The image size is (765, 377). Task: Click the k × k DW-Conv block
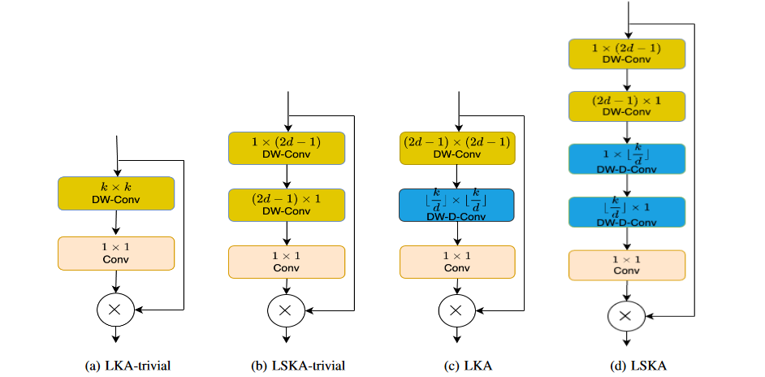coord(115,193)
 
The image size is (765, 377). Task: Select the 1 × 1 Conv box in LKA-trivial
coord(115,253)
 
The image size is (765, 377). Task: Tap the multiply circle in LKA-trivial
coord(114,309)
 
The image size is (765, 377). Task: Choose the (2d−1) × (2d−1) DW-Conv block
coord(456,146)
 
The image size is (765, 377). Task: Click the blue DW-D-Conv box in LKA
coord(456,205)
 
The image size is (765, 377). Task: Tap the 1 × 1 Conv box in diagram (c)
coord(456,262)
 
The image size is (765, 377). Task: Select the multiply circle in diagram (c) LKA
coord(456,309)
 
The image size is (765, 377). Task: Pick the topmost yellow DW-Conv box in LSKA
coord(626,53)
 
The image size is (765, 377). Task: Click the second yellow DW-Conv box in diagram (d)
coord(626,106)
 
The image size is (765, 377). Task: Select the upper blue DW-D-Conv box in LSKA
coord(626,159)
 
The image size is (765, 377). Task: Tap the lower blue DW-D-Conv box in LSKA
coord(626,213)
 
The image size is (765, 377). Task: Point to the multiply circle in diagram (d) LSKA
coord(625,317)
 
